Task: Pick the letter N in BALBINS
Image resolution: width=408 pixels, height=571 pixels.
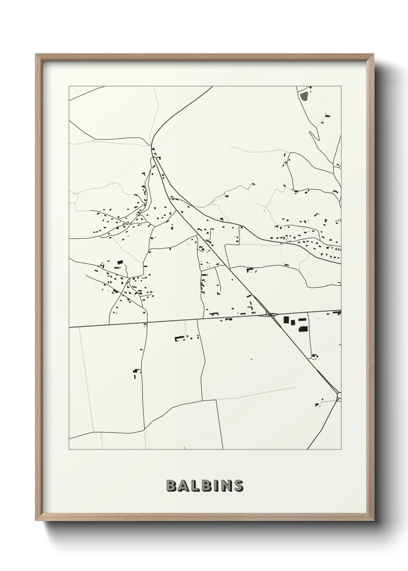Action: pos(224,485)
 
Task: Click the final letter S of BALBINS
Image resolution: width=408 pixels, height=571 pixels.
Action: pos(237,485)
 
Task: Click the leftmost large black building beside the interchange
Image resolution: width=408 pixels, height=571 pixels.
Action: pos(286,319)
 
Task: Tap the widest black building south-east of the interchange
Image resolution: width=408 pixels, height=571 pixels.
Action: pos(303,329)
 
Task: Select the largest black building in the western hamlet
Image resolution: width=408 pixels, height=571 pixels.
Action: pos(120,262)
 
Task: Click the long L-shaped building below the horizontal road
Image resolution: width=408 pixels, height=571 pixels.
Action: pos(179,338)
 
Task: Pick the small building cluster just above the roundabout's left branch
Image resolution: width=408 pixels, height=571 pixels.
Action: pos(319,403)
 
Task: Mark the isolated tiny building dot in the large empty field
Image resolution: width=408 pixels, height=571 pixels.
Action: pos(251,359)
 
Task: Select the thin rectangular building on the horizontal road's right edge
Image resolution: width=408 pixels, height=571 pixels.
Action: pos(339,313)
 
